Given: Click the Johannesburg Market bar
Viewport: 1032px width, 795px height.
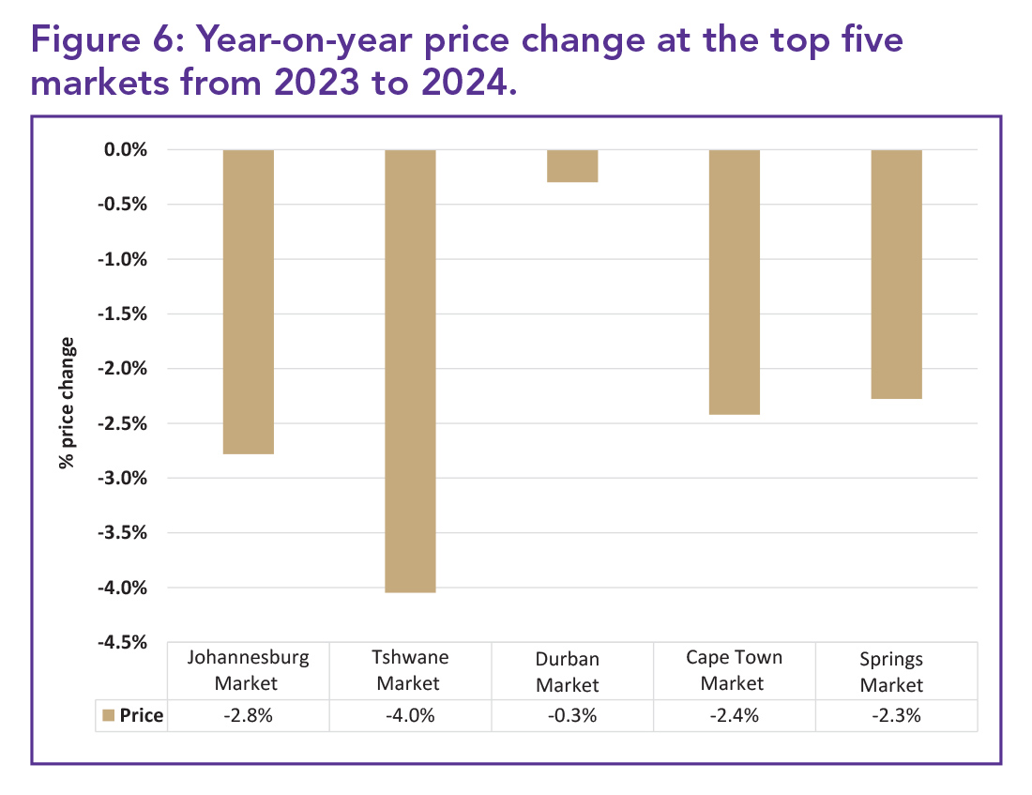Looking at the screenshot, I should pyautogui.click(x=248, y=301).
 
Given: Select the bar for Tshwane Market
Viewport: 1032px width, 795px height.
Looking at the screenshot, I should pyautogui.click(x=410, y=371).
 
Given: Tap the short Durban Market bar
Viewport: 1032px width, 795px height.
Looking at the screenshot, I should pyautogui.click(x=572, y=166).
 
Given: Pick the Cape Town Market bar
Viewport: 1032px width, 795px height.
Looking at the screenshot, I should pyautogui.click(x=735, y=282).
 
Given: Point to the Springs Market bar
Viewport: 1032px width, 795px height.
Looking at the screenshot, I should pyautogui.click(x=897, y=274).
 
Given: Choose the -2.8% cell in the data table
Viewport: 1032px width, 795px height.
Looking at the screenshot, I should pyautogui.click(x=248, y=716).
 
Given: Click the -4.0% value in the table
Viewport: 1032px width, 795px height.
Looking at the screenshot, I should pyautogui.click(x=410, y=716).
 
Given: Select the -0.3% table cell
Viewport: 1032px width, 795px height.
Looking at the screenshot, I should pyautogui.click(x=572, y=716).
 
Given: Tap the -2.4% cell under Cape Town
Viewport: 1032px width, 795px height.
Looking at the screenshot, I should pyautogui.click(x=735, y=716).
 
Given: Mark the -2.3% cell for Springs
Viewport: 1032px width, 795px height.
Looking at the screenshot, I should pyautogui.click(x=897, y=716).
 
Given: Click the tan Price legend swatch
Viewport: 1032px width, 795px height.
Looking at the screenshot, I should pyautogui.click(x=107, y=716).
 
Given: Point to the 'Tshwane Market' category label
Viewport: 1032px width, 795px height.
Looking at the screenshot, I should pyautogui.click(x=410, y=669).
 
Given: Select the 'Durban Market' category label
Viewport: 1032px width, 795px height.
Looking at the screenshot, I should pyautogui.click(x=568, y=671).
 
